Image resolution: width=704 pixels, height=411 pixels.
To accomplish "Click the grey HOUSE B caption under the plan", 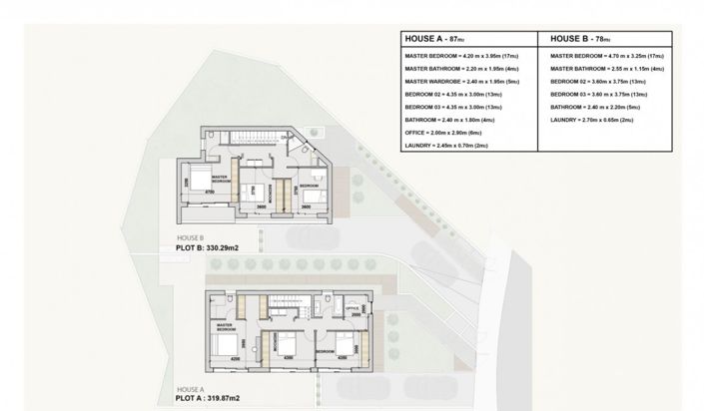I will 190,237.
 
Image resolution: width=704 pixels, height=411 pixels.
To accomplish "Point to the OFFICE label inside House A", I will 351,309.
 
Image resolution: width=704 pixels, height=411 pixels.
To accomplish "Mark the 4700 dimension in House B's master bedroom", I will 212,191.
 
